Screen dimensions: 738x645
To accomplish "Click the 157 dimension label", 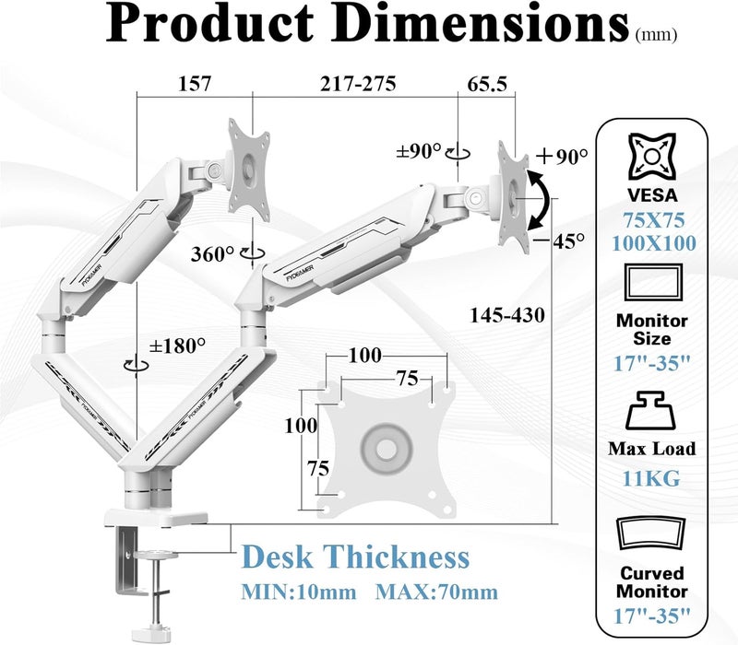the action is coord(195,84).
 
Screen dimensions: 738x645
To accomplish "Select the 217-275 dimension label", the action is coord(358,84).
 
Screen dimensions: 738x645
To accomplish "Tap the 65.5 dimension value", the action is coord(487,84).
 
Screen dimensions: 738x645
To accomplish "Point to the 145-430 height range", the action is coord(507,315).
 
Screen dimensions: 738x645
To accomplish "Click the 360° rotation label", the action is coord(212,254).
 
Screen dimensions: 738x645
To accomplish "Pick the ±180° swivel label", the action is coord(177,346).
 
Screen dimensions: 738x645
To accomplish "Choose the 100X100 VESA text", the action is coord(653,243).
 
